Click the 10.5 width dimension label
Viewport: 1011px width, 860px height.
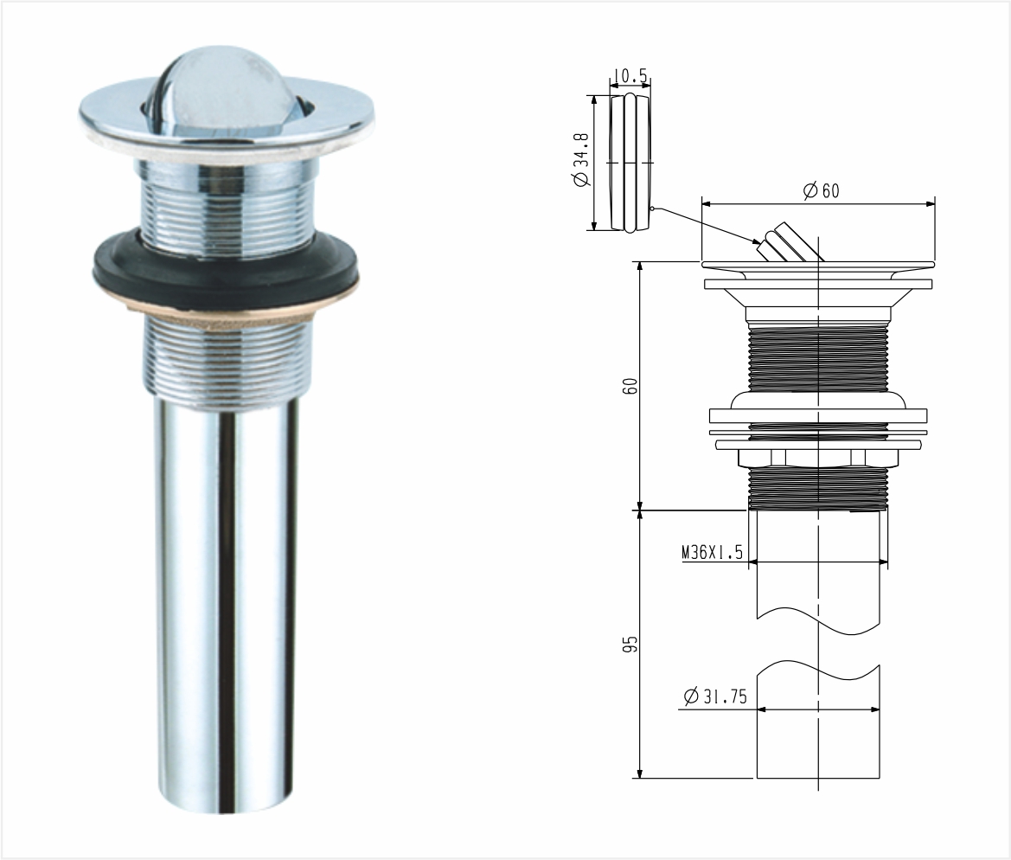[x=630, y=76]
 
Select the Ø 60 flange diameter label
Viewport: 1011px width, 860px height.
[x=821, y=190]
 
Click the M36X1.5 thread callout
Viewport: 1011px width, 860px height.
[x=712, y=552]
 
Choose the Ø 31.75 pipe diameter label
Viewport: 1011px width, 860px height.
[x=714, y=696]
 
